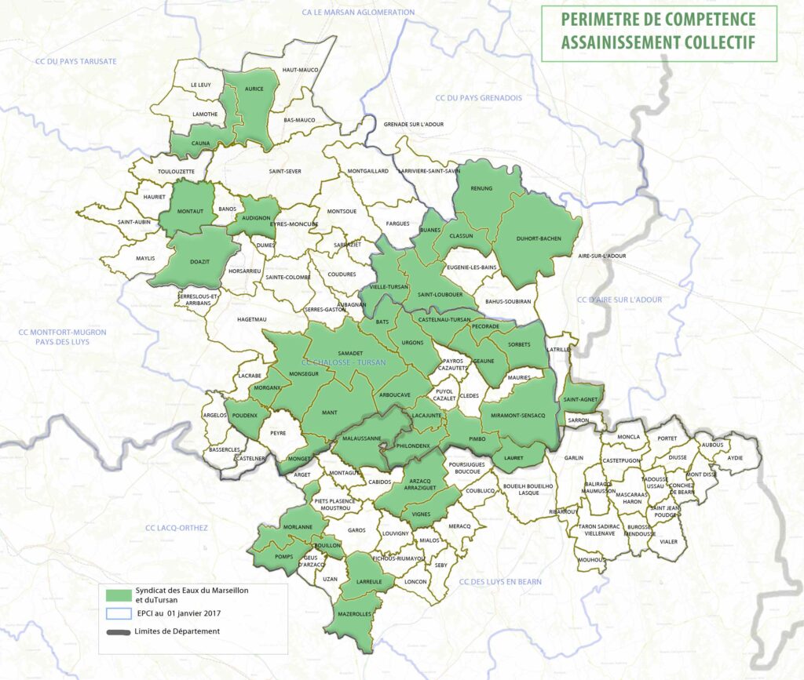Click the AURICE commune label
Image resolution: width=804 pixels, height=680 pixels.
tap(254, 89)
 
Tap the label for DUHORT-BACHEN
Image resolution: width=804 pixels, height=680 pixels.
tap(539, 238)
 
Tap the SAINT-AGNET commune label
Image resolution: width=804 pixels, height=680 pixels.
tap(582, 399)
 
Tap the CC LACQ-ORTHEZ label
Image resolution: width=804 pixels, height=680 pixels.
tap(177, 528)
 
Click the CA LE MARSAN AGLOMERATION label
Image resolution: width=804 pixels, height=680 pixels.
tap(358, 13)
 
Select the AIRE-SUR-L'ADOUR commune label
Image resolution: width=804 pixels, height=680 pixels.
tap(601, 256)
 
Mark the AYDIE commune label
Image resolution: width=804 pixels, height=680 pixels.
tap(735, 456)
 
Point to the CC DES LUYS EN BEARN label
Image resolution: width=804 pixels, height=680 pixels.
tap(500, 581)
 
